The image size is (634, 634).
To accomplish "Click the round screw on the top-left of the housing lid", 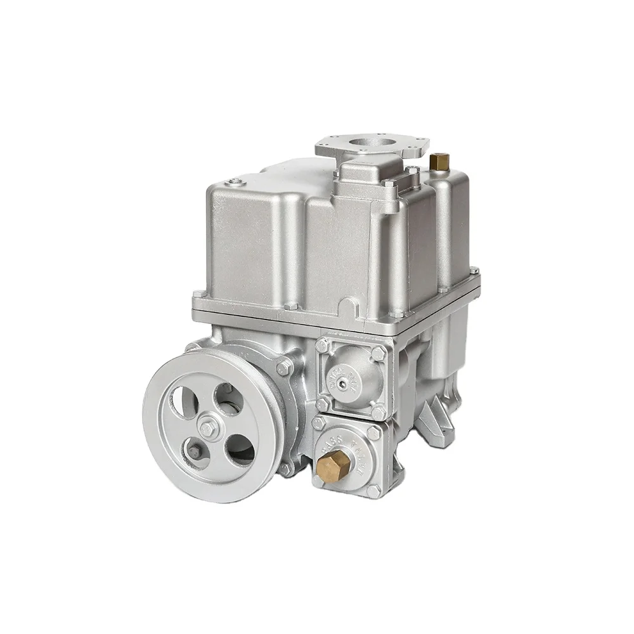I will click(237, 184).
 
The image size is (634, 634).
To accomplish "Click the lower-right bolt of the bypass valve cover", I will click(375, 490).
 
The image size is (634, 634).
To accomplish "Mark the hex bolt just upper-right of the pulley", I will click(283, 366).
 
